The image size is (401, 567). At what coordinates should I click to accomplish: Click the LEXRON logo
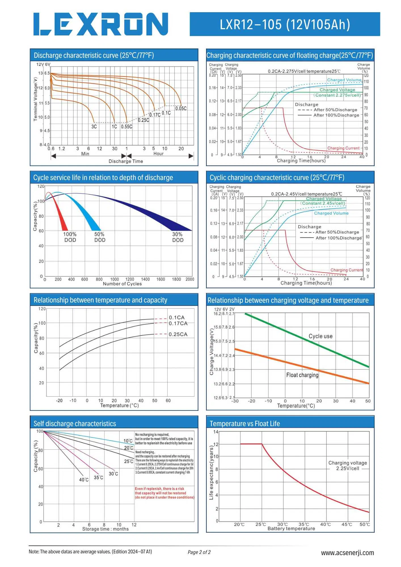coord(101,24)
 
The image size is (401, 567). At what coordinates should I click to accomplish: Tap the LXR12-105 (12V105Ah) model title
coord(285,24)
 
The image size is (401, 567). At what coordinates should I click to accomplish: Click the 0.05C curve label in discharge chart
coord(181,109)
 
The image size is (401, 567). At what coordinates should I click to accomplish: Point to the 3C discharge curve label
coord(94,127)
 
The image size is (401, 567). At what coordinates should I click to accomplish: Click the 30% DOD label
coord(178,237)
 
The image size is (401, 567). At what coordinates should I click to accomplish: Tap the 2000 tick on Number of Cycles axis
coord(190,279)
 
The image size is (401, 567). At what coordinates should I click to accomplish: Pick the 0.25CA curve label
coord(178,335)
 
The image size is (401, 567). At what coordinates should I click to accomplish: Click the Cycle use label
coord(320,336)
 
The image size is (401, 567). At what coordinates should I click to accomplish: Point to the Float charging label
coord(302,375)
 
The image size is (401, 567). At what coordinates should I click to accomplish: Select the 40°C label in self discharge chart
coord(84,480)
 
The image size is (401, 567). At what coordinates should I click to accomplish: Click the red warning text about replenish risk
coord(164,493)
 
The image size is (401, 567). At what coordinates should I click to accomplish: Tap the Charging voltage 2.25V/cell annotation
coord(348,466)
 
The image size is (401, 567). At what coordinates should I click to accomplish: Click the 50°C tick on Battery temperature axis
coord(365,524)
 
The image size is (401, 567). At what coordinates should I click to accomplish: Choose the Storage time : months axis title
coord(105,529)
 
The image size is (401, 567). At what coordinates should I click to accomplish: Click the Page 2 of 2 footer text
coord(199,552)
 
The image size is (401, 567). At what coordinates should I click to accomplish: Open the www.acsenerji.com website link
coord(347,553)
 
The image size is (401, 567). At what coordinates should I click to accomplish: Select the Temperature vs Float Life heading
coord(245,424)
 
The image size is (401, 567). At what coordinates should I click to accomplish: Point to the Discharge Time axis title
coord(126,161)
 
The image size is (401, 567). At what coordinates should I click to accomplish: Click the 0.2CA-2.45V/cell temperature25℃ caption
coord(307,194)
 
